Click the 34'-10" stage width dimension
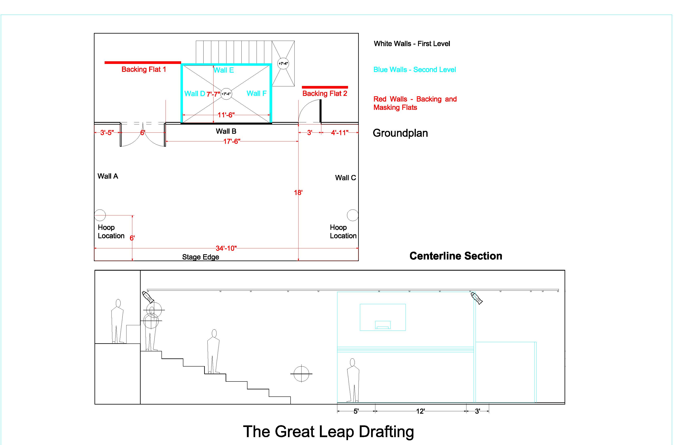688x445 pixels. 226,248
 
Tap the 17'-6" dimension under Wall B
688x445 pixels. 231,141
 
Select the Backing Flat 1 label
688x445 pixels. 144,69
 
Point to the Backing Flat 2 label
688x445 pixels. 324,93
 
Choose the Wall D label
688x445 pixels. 194,94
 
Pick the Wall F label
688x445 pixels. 256,93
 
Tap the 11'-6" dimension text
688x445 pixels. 226,115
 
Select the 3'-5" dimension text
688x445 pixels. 107,133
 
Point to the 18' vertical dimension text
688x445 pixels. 298,192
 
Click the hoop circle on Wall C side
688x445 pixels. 352,215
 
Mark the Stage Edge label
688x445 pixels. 200,257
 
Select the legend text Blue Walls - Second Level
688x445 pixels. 415,70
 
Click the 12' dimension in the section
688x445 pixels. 420,411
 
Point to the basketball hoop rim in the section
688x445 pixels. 383,327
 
